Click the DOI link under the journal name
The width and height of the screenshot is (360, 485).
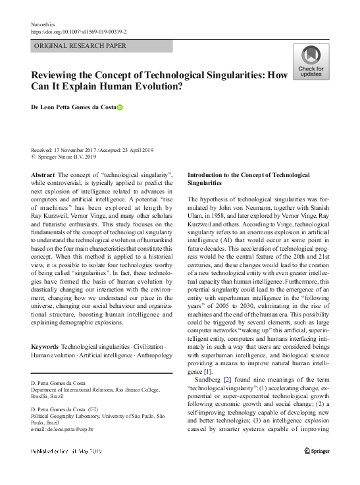pyautogui.click(x=79, y=32)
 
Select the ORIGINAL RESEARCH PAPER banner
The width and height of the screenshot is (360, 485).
pyautogui.click(x=102, y=46)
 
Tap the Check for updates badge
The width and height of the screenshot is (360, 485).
pyautogui.click(x=311, y=63)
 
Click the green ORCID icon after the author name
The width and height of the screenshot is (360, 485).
pyautogui.click(x=120, y=107)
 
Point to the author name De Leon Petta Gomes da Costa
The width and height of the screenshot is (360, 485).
pyautogui.click(x=73, y=107)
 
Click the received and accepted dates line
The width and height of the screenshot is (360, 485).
pyautogui.click(x=91, y=150)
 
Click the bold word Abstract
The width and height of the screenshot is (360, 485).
pyautogui.click(x=43, y=174)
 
